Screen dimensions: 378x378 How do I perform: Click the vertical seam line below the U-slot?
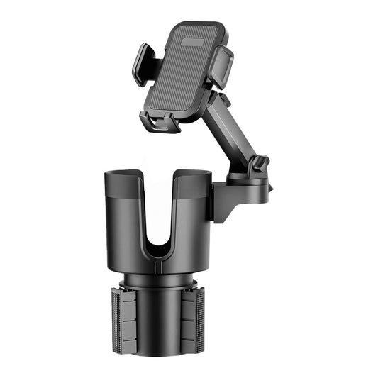161,266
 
